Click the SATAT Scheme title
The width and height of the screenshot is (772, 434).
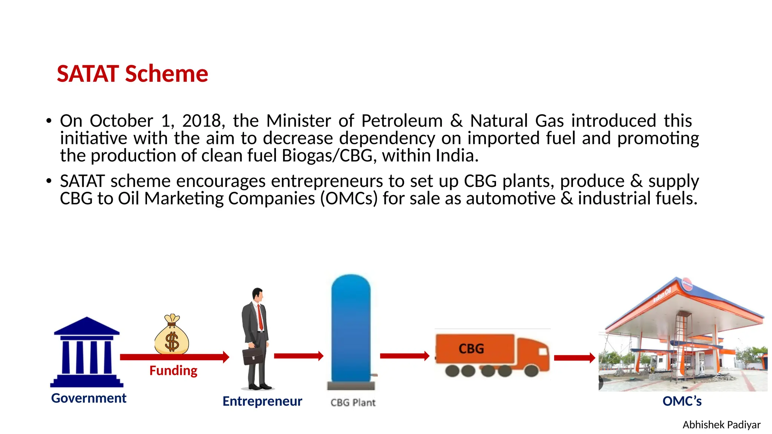click(x=132, y=73)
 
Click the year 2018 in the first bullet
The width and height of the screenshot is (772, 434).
click(x=202, y=121)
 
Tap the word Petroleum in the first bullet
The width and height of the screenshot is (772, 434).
click(x=402, y=121)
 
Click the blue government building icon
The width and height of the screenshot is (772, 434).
click(x=87, y=352)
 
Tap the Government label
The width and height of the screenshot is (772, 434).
click(x=89, y=398)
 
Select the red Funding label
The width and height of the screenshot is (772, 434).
click(x=173, y=371)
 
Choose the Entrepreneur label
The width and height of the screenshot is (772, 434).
click(x=262, y=401)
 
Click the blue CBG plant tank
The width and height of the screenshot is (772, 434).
click(x=351, y=328)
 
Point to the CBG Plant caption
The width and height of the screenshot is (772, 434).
click(x=353, y=403)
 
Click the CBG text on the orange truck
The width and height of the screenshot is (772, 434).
click(x=471, y=348)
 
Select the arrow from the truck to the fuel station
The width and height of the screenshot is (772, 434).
click(x=574, y=358)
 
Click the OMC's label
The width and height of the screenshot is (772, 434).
click(x=682, y=401)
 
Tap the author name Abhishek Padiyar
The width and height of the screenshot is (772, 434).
click(x=721, y=425)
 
